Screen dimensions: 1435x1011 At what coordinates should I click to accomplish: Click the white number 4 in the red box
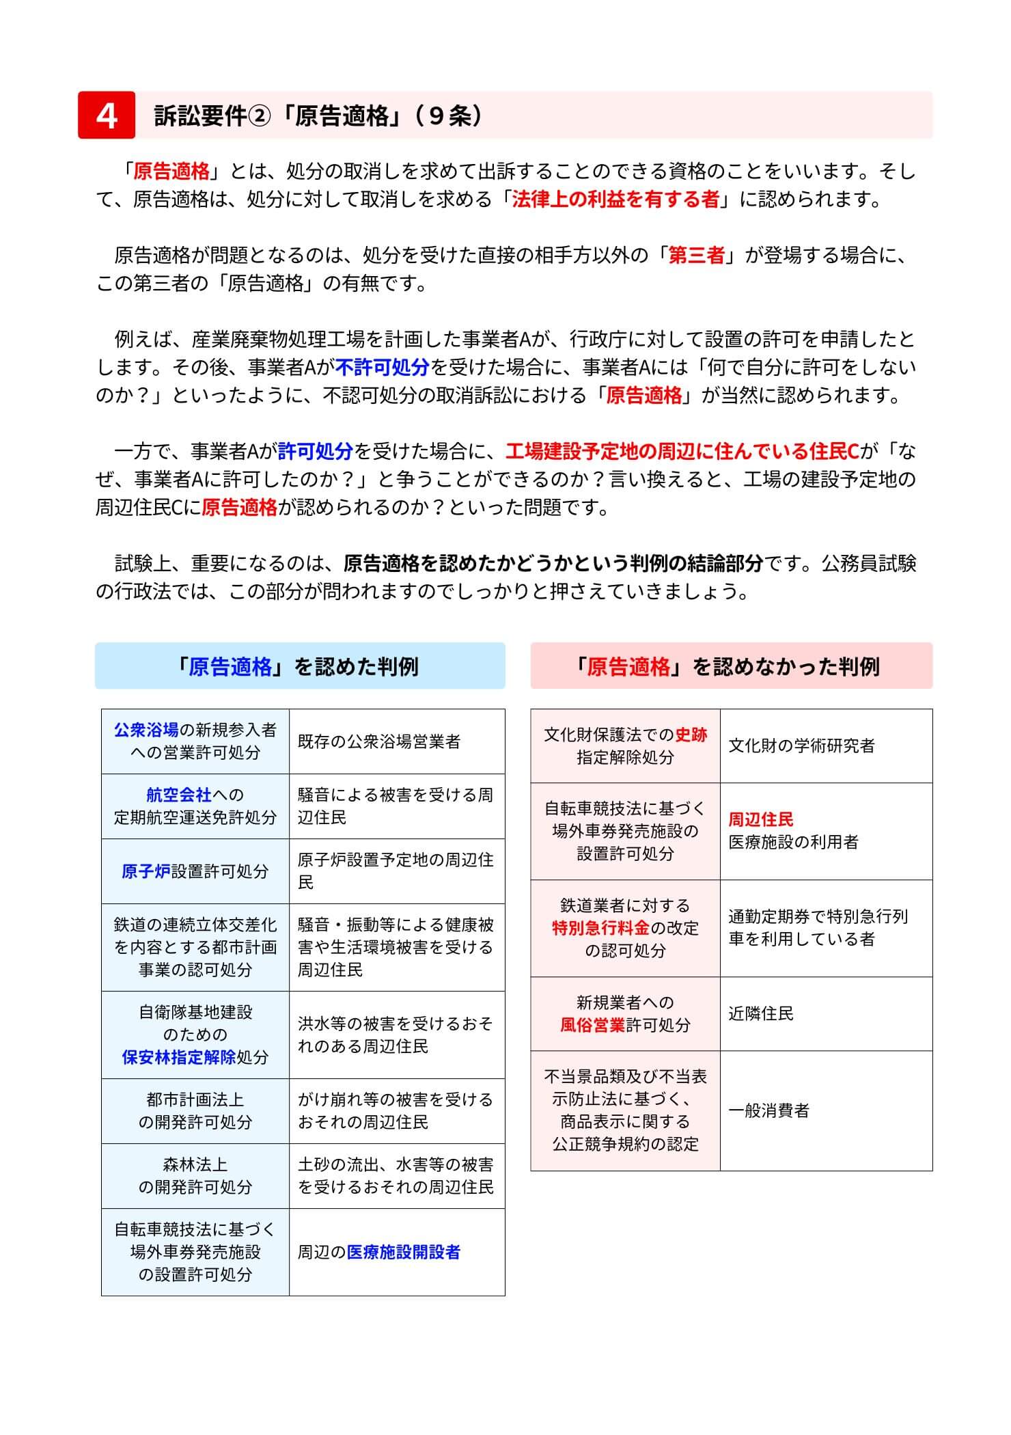click(x=107, y=115)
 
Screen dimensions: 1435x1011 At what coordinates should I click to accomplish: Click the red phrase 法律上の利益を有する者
click(x=615, y=199)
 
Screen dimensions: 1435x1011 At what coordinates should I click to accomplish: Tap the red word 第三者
click(x=695, y=256)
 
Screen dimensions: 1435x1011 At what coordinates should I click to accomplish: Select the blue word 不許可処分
click(x=382, y=368)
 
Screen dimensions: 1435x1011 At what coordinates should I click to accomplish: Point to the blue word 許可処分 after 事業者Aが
click(x=315, y=451)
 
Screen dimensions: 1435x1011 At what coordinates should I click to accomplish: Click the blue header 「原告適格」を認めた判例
click(x=299, y=666)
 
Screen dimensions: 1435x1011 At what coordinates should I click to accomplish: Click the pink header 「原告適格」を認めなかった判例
click(x=731, y=666)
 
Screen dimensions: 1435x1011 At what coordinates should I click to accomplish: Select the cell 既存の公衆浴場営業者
click(x=379, y=742)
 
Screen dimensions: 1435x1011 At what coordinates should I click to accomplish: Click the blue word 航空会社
click(x=179, y=795)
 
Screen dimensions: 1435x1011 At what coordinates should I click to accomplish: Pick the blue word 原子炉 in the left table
click(x=146, y=871)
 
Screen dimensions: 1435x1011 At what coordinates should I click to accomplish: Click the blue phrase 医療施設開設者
click(x=404, y=1252)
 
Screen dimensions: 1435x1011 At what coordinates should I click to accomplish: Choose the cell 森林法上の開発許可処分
click(x=195, y=1176)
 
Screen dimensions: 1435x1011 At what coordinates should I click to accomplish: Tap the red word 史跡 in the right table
click(x=691, y=735)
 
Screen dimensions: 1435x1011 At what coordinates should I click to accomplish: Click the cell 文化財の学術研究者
click(x=801, y=746)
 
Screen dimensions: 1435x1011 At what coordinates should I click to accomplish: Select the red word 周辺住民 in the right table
click(x=761, y=819)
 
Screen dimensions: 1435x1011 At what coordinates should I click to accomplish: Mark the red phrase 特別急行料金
click(x=601, y=928)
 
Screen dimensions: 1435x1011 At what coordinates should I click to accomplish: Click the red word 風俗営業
click(x=593, y=1025)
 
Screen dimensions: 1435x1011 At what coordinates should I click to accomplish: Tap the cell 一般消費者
click(x=769, y=1111)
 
